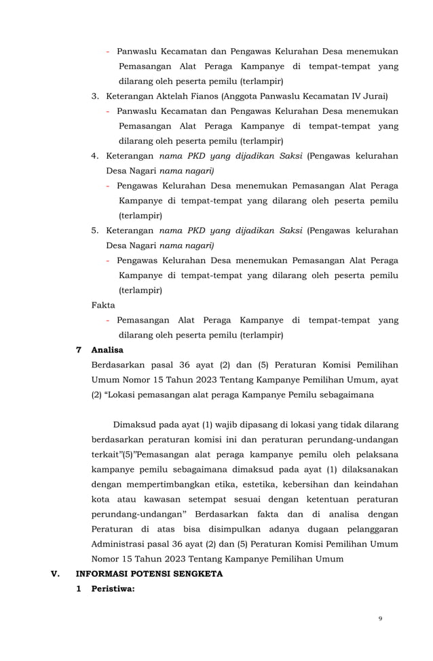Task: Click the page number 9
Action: pos(381,618)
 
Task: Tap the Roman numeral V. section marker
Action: pos(56,574)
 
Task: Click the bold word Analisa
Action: pos(107,350)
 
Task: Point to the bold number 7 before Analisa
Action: pos(79,350)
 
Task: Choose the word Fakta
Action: pos(103,305)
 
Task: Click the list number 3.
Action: pos(95,96)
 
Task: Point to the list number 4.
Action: pos(95,156)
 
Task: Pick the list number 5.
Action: pos(95,231)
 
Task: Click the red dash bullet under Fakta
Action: pos(109,320)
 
